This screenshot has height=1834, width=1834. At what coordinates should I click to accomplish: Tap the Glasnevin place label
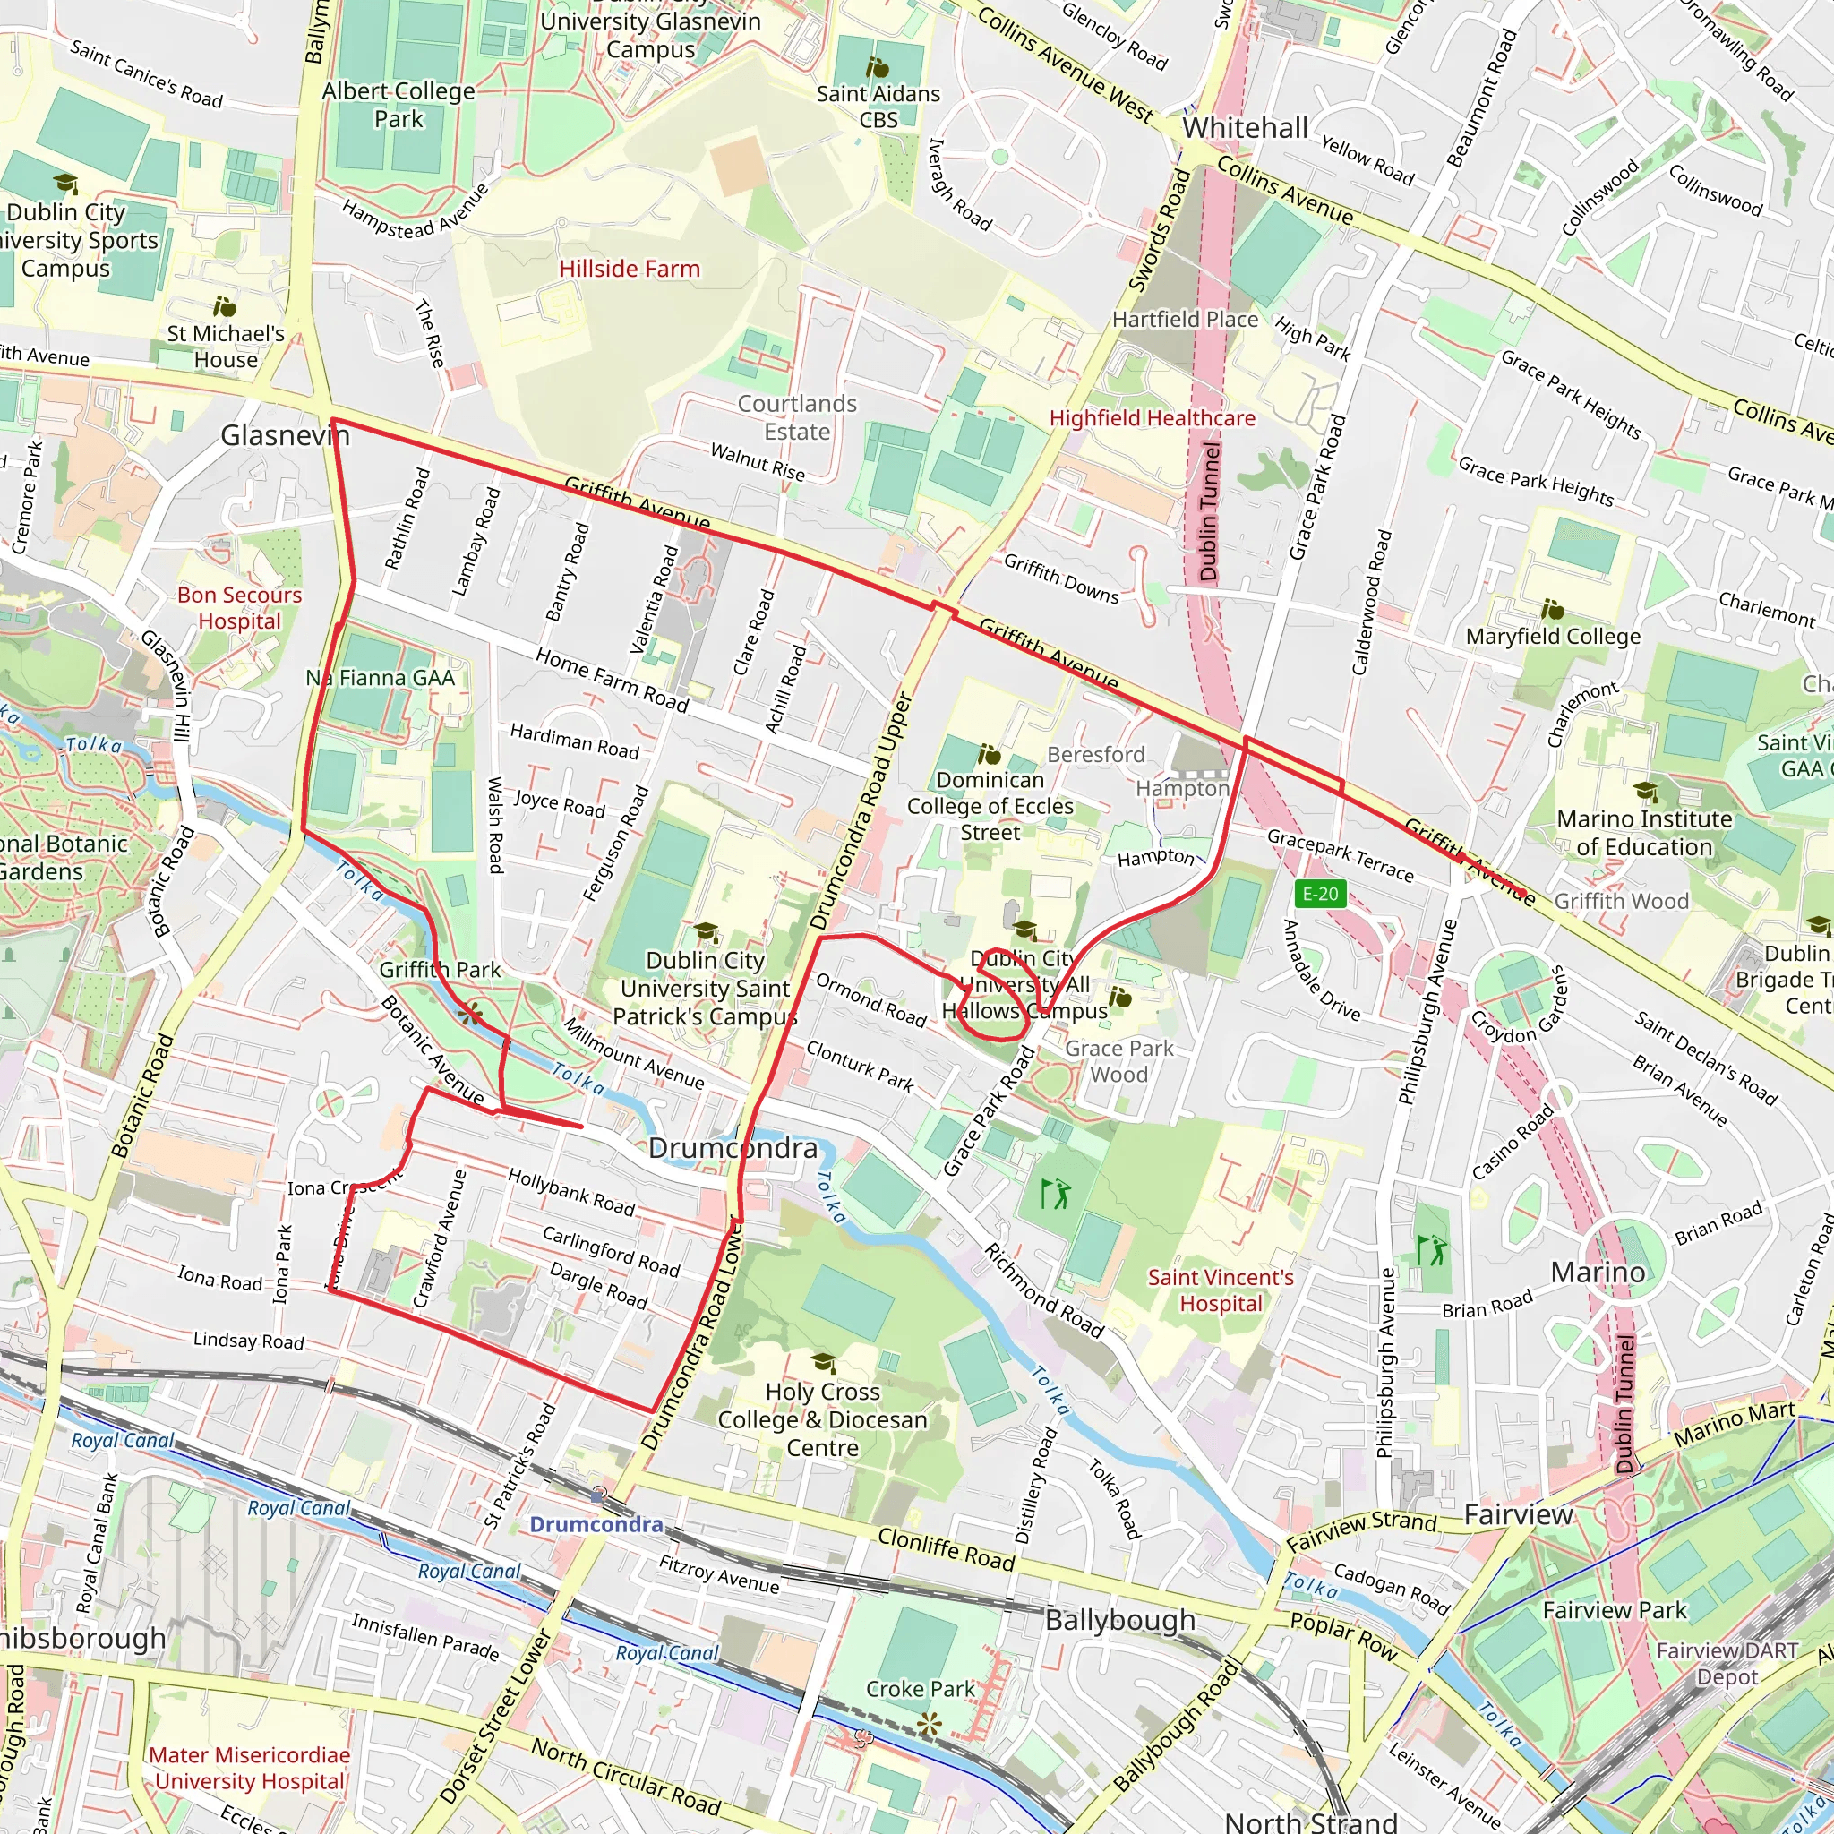click(285, 436)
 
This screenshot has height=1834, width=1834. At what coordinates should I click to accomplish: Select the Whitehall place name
click(1245, 128)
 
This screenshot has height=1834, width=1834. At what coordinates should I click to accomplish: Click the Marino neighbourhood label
click(1598, 1272)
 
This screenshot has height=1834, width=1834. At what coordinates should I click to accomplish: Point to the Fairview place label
click(1518, 1514)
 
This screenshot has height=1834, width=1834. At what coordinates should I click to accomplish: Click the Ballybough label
click(1120, 1619)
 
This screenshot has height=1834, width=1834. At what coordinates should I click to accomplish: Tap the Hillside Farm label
click(630, 269)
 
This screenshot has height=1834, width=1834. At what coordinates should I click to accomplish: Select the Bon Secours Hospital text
click(239, 607)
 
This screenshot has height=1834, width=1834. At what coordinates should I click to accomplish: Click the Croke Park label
click(920, 1689)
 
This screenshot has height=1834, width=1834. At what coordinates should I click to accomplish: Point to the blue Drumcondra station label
click(596, 1524)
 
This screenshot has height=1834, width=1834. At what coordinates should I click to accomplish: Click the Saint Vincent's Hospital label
click(1220, 1290)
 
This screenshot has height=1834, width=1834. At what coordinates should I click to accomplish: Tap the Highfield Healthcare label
click(1152, 417)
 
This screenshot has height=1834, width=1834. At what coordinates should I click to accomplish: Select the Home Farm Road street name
click(612, 680)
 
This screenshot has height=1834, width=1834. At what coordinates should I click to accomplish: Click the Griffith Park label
click(440, 969)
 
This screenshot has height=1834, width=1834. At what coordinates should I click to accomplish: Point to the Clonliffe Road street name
click(946, 1548)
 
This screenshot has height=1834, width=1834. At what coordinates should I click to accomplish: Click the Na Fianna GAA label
click(380, 678)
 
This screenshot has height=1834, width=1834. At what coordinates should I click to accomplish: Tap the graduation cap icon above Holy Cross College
click(823, 1364)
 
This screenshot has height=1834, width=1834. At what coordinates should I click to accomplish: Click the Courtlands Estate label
click(797, 417)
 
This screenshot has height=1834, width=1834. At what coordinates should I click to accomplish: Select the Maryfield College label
click(1552, 636)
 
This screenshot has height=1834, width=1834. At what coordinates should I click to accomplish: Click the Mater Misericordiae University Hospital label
click(250, 1768)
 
